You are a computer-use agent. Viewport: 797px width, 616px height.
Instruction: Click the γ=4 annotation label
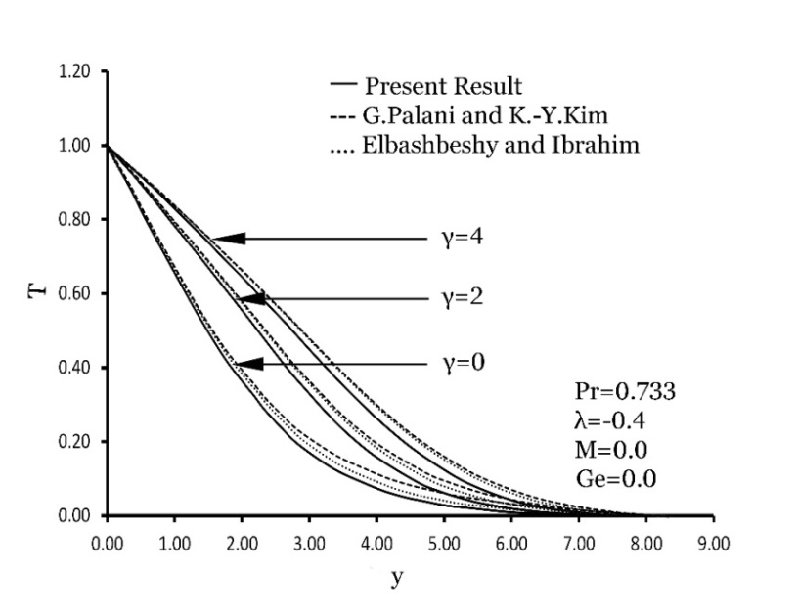[x=463, y=238]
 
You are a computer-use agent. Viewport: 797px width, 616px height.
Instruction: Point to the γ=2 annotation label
[x=463, y=298]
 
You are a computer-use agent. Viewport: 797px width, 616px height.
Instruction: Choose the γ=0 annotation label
[x=463, y=364]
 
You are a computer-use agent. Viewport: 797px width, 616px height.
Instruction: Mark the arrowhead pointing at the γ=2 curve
[x=250, y=298]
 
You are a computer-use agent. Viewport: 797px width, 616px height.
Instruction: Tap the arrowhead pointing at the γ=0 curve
[x=248, y=364]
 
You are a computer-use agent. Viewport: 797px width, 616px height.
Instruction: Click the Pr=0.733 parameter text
[x=624, y=392]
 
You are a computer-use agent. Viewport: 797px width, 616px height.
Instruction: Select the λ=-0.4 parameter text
[x=609, y=421]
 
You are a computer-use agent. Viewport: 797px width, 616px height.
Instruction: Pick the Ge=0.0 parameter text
[x=615, y=479]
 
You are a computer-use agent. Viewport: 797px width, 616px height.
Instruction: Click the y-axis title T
[x=37, y=292]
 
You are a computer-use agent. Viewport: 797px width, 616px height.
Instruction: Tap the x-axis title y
[x=397, y=577]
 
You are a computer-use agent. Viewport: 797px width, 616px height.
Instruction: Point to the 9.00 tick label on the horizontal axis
[x=713, y=540]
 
